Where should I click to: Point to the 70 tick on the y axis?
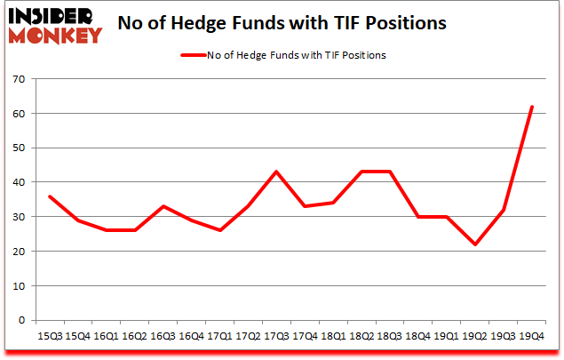pos(17,80)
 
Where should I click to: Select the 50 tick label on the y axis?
pos(17,148)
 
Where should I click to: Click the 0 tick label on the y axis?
pos(20,320)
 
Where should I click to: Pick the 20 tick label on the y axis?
pos(17,252)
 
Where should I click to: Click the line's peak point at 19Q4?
pos(532,107)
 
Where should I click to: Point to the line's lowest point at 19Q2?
pos(475,244)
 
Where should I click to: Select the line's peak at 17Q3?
pos(276,172)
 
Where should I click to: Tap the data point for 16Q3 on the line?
pos(163,206)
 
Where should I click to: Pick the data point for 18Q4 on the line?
pos(418,217)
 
